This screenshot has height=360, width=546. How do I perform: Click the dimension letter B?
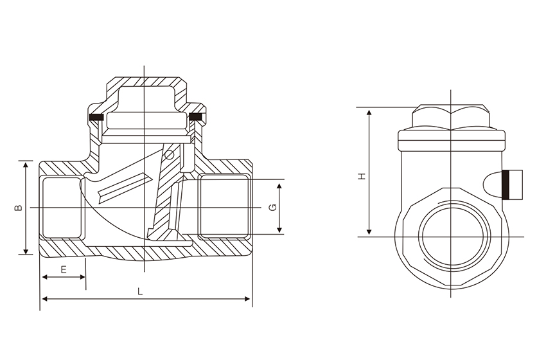click(x=19, y=208)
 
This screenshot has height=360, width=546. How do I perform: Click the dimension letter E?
click(x=64, y=269)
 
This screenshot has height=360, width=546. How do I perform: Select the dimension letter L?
click(x=140, y=291)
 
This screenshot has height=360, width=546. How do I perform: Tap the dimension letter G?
click(x=273, y=208)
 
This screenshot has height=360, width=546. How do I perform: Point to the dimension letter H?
click(x=362, y=176)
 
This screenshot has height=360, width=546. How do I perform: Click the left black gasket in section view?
click(x=96, y=117)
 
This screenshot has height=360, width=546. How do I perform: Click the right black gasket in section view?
click(x=195, y=116)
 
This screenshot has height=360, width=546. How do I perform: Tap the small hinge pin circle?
click(x=169, y=154)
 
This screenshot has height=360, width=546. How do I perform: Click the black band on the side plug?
click(x=506, y=184)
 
